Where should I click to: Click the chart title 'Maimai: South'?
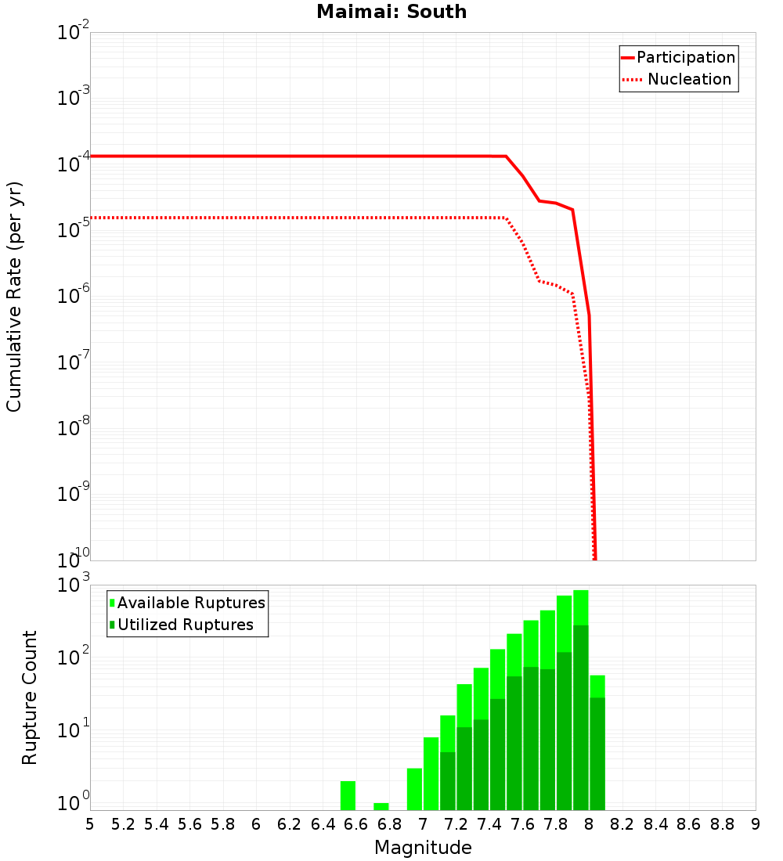point(391,13)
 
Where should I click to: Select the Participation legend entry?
point(678,57)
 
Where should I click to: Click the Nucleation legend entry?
point(678,79)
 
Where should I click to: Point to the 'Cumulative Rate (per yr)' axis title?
point(14,297)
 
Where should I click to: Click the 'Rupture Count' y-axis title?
point(30,697)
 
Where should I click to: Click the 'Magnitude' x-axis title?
point(423,848)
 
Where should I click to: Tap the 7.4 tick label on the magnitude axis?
point(489,824)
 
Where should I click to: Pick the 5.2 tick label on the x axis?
point(124,824)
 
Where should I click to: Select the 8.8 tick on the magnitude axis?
point(722,824)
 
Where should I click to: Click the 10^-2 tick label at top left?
point(73,33)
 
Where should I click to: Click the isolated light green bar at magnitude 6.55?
point(348,795)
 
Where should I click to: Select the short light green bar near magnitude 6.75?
point(381,806)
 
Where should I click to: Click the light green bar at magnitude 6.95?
point(414,789)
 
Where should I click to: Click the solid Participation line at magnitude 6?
point(257,156)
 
